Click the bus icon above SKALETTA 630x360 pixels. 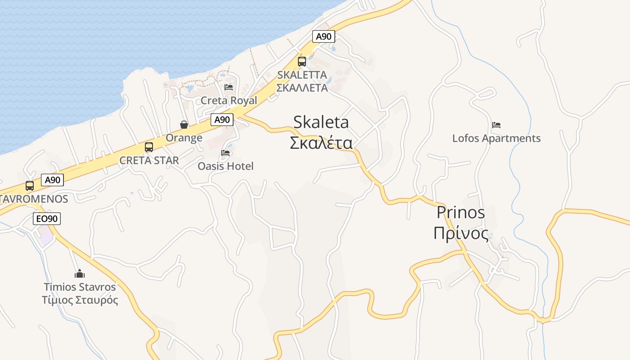302,61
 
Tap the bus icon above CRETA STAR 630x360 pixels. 149,147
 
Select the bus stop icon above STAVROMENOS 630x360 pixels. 30,185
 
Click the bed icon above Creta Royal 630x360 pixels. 229,87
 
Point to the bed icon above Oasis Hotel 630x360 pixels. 225,153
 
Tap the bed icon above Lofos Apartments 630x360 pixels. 496,125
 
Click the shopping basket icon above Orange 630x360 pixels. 184,124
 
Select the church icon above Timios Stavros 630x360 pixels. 80,273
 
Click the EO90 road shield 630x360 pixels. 47,219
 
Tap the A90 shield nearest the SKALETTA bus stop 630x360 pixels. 324,36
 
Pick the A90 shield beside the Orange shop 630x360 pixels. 222,120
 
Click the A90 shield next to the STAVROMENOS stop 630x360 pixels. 52,180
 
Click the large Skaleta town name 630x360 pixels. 321,122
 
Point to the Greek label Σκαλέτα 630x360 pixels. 321,143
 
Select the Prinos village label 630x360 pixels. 461,212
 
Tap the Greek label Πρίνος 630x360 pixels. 461,234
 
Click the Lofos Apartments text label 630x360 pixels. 496,138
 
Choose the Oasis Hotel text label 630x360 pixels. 225,166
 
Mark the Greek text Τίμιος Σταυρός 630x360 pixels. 80,300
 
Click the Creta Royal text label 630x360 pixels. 229,100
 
